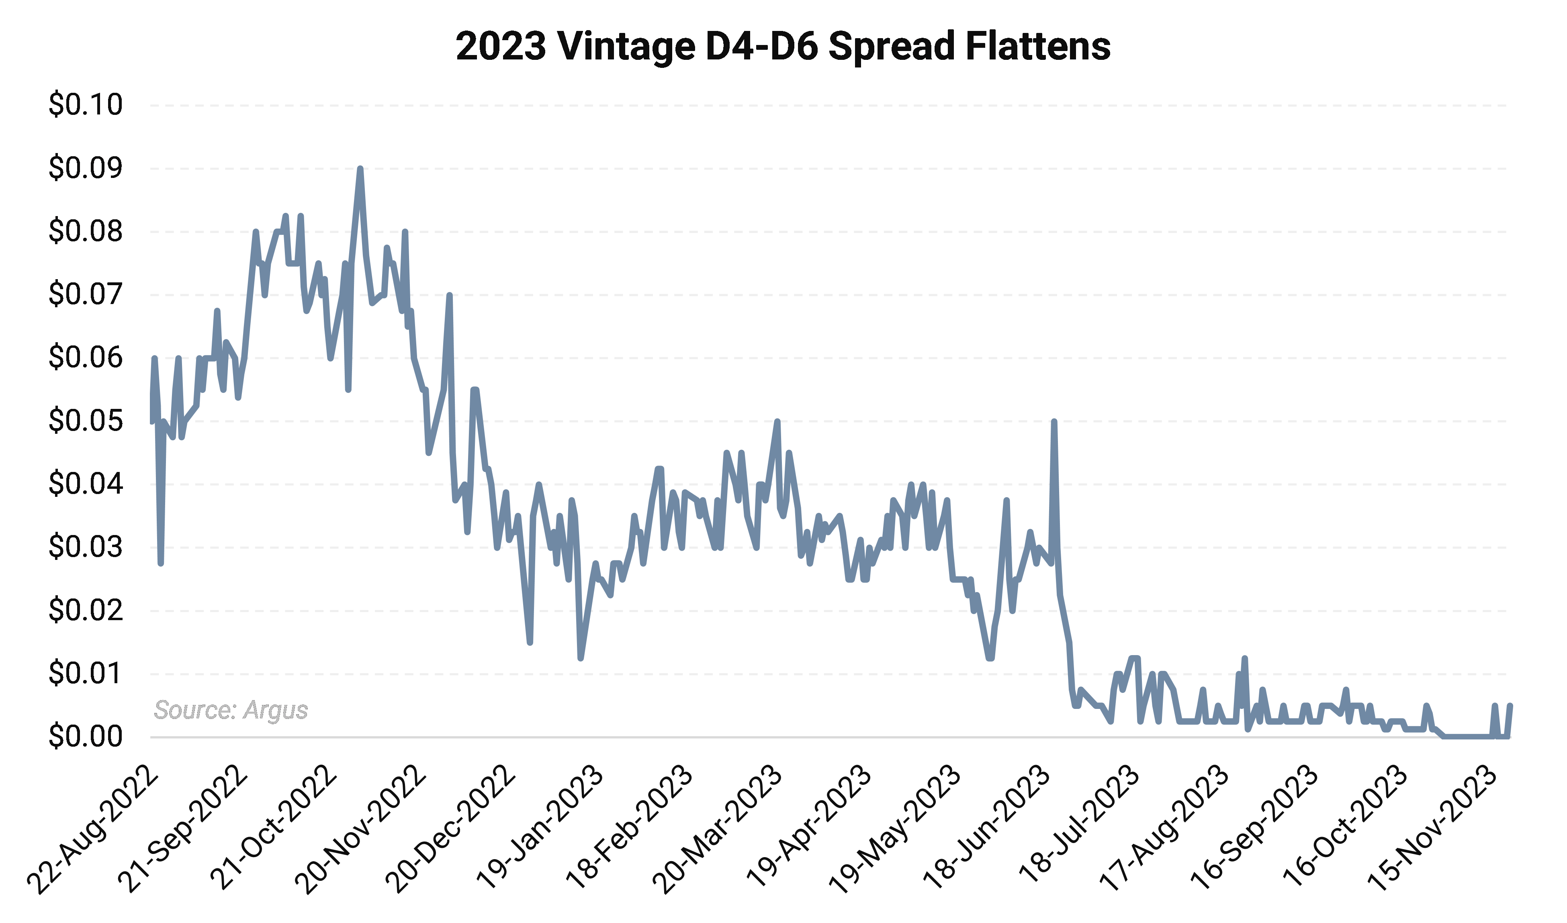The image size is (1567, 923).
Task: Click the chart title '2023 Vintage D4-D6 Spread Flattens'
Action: [783, 46]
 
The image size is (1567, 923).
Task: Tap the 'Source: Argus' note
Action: [231, 710]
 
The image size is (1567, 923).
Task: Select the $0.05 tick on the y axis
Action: [86, 421]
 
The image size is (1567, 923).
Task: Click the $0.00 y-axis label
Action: [86, 737]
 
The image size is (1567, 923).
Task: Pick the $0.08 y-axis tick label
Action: [86, 231]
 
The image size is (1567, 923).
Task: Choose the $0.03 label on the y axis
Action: [86, 547]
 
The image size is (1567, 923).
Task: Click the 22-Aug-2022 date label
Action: [93, 830]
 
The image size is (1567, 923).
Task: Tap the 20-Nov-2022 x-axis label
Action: [361, 830]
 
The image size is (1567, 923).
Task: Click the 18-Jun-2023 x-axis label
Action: [986, 830]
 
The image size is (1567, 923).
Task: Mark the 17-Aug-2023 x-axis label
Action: [1164, 830]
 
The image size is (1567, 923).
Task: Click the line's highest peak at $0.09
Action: [360, 169]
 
